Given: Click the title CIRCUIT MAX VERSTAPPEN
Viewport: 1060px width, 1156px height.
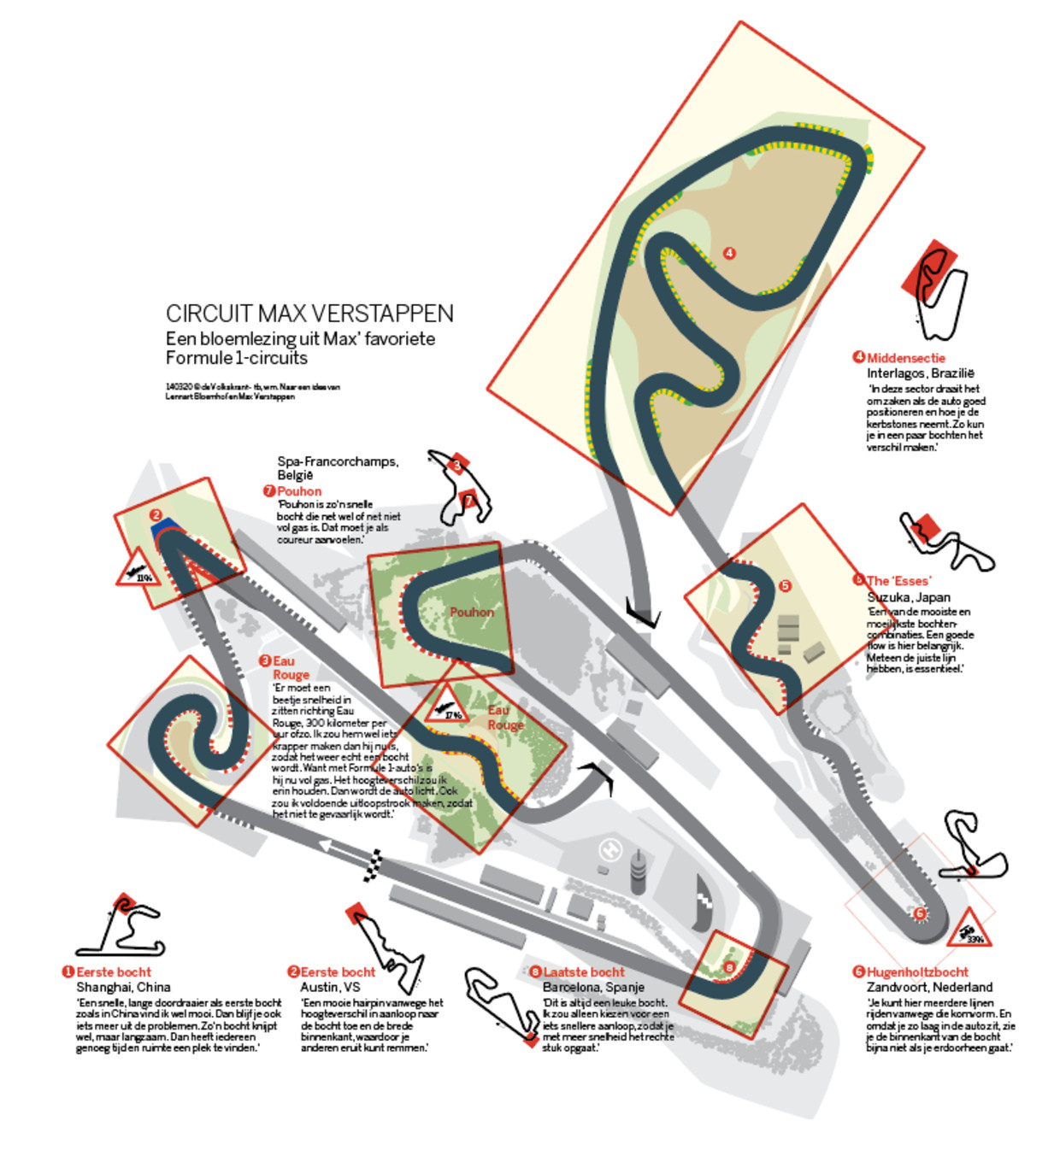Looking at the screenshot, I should pyautogui.click(x=309, y=314).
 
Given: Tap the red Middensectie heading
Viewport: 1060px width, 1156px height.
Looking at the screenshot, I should pyautogui.click(x=906, y=358).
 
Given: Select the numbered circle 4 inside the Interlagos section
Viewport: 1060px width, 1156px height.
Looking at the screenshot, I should pyautogui.click(x=729, y=253).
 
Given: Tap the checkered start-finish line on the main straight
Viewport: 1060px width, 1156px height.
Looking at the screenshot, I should pyautogui.click(x=373, y=865).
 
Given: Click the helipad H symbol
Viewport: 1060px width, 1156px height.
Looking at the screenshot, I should pyautogui.click(x=609, y=849).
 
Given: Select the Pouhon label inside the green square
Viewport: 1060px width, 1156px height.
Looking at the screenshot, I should pyautogui.click(x=472, y=612).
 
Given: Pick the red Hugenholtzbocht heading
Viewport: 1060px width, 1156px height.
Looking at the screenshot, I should pyautogui.click(x=917, y=972).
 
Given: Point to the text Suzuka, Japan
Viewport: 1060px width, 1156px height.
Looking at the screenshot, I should pyautogui.click(x=909, y=597).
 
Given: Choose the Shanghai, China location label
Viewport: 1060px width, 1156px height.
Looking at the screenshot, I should pyautogui.click(x=123, y=987).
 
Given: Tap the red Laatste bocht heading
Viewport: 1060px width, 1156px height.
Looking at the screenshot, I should pyautogui.click(x=584, y=972).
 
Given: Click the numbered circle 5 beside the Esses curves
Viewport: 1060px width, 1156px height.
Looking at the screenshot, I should pyautogui.click(x=786, y=586).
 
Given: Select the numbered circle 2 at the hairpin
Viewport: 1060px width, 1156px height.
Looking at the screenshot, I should pyautogui.click(x=156, y=515).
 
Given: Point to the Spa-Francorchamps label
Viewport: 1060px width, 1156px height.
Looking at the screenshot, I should pyautogui.click(x=338, y=461).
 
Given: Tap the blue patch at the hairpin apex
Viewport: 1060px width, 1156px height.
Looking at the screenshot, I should pyautogui.click(x=164, y=529).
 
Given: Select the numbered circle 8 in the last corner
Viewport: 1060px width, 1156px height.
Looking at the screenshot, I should pyautogui.click(x=729, y=967).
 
